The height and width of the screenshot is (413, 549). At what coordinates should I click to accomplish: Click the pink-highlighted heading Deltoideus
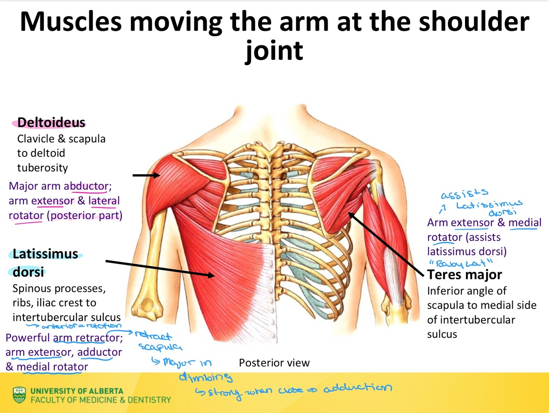tap(51, 122)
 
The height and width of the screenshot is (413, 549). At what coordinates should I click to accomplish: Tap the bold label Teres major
tap(464, 275)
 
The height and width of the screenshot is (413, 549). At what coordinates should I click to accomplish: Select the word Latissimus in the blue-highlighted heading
tap(45, 254)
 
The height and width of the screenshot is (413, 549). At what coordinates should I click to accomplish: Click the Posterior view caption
tap(274, 363)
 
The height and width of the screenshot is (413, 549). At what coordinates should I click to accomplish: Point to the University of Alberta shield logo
tap(19, 394)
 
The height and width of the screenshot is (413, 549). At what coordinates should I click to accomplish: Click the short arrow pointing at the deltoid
tap(146, 175)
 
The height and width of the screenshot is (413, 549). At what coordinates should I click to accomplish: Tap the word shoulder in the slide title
tap(474, 21)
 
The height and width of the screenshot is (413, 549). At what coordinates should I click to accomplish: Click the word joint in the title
tap(274, 50)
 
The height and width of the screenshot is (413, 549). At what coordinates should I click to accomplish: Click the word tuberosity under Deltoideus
tap(42, 168)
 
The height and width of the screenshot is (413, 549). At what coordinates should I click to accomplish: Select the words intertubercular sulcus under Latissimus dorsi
tap(66, 317)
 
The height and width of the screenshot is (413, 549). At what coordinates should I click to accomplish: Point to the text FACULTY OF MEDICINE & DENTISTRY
tap(100, 400)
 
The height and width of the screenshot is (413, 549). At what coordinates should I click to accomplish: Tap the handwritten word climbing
tap(205, 377)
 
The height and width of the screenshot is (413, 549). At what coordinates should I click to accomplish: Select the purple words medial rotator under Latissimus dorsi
tap(52, 367)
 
